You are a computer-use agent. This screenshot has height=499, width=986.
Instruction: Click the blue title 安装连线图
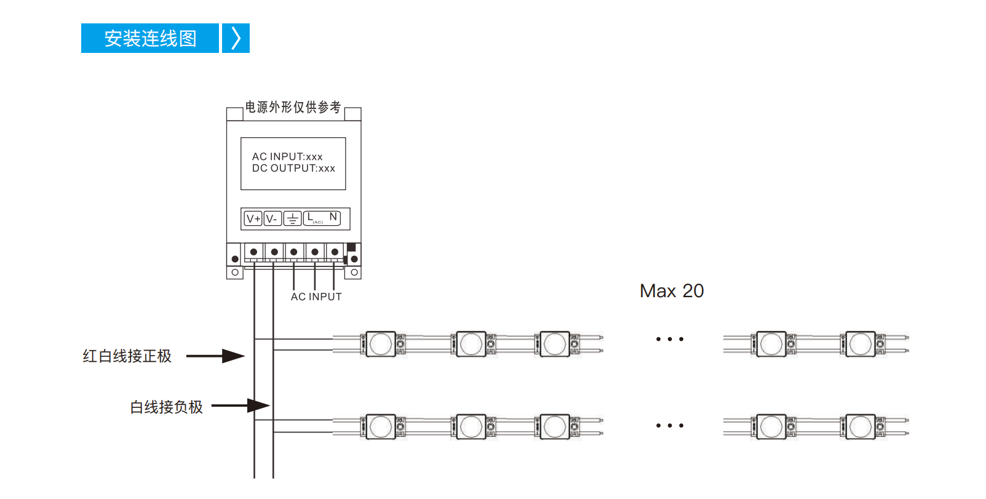click(150, 38)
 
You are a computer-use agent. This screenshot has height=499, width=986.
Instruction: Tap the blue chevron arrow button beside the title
click(236, 38)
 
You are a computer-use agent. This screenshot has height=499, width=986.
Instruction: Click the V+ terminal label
click(253, 218)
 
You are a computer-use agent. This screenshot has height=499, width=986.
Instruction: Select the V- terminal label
click(272, 218)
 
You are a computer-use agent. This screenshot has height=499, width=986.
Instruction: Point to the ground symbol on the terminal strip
click(292, 218)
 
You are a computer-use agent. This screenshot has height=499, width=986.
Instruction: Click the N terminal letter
click(333, 217)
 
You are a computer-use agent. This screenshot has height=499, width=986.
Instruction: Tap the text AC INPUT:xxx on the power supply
click(287, 157)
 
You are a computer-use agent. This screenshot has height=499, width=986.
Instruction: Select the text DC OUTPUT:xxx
click(293, 168)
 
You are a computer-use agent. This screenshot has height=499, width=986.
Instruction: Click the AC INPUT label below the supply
click(316, 297)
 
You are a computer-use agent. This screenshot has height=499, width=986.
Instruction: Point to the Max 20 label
click(672, 291)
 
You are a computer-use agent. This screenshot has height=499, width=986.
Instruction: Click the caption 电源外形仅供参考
click(293, 107)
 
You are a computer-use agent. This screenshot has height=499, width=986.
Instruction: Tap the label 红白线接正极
click(127, 356)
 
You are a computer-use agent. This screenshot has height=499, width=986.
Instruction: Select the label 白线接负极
click(167, 407)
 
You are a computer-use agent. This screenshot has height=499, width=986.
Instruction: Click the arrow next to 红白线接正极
click(216, 356)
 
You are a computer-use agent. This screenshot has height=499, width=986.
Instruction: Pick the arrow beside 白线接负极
click(241, 405)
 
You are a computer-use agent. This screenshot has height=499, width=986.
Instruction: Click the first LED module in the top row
click(381, 344)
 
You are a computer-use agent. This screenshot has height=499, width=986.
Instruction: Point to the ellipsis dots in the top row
click(669, 339)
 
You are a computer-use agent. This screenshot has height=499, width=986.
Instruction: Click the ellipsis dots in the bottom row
click(669, 425)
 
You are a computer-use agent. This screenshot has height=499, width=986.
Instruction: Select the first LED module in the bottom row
click(381, 427)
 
